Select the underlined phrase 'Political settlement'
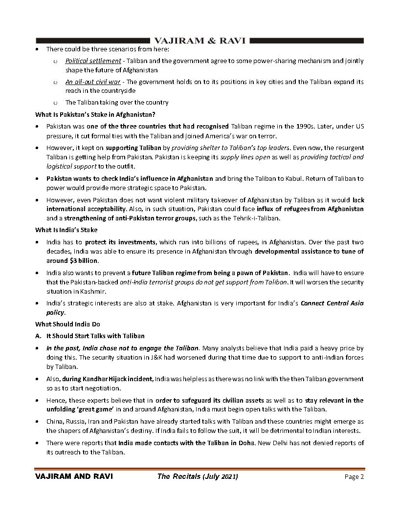pos(93,61)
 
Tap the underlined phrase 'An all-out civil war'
pos(92,82)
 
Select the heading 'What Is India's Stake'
pos(66,230)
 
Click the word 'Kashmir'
pos(91,291)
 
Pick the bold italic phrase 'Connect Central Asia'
pos(332,303)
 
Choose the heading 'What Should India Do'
pos(67,324)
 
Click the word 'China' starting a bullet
pos(55,422)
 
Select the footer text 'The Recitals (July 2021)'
pos(198,477)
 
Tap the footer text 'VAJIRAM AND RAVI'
pos(70,477)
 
